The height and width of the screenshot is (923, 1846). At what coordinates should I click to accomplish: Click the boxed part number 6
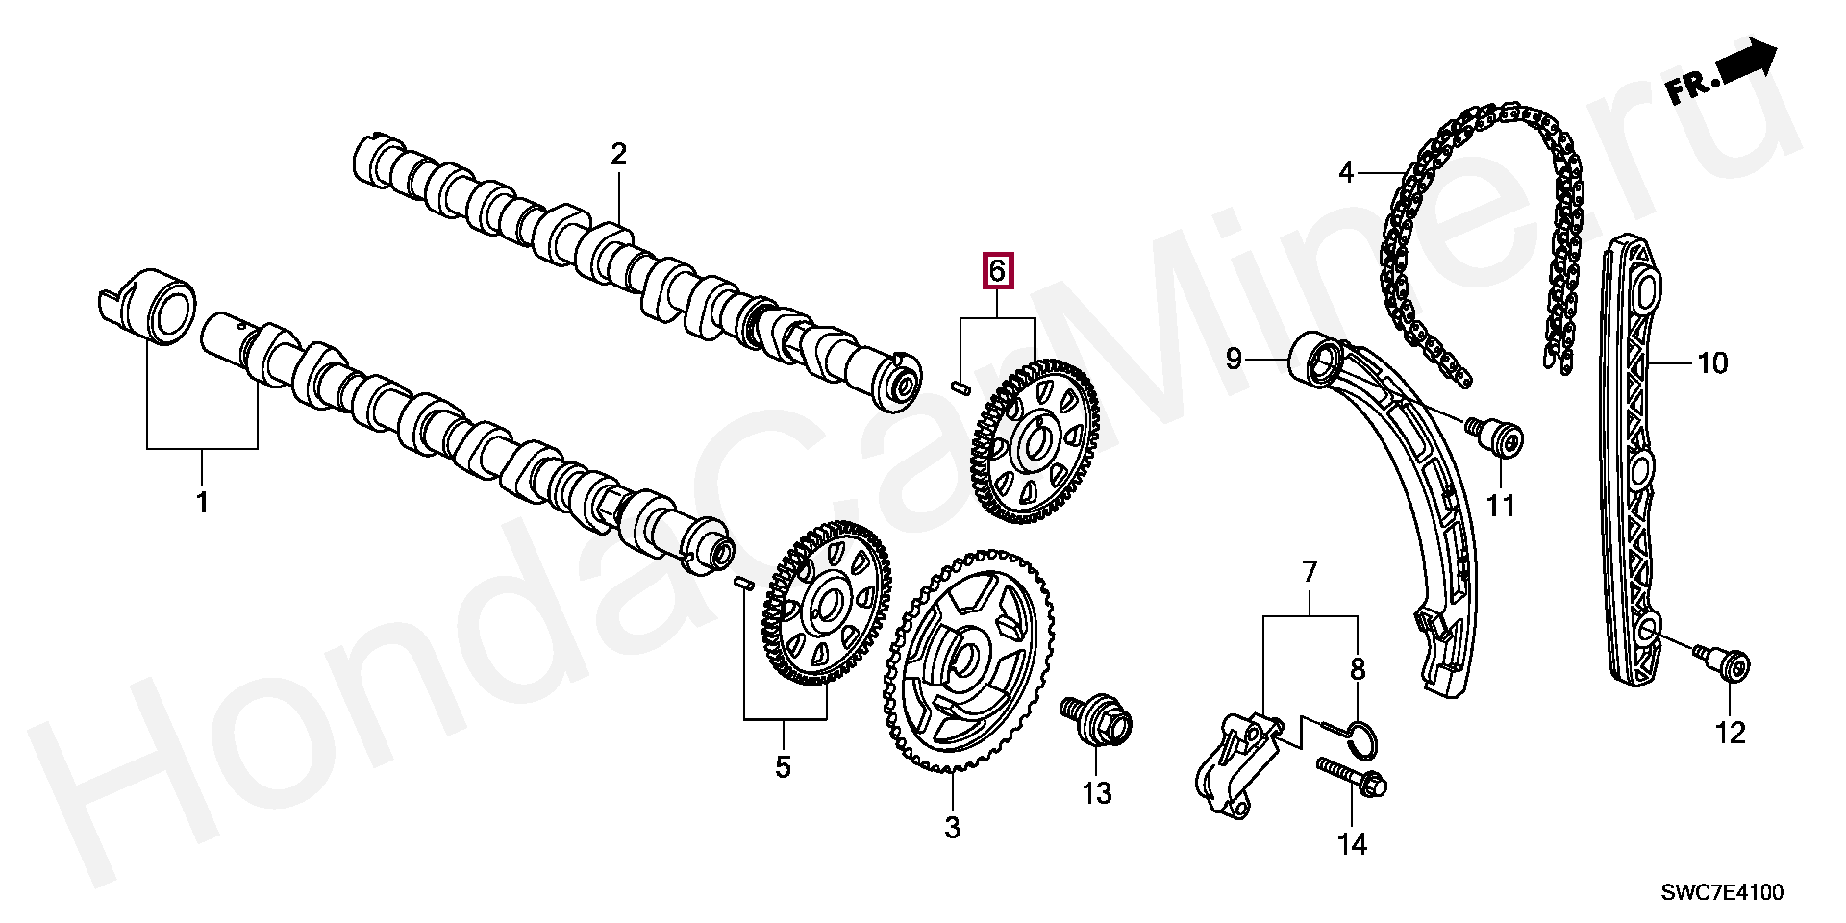point(997,271)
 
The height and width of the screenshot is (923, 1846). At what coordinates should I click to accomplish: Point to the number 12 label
point(1729,733)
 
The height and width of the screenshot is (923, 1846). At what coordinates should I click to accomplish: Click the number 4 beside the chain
point(1346,173)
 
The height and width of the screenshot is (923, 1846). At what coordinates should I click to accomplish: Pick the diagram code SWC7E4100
point(1722,893)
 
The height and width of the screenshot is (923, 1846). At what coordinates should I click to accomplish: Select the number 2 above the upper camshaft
point(618,153)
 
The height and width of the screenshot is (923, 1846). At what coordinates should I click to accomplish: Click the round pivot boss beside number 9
point(1315,364)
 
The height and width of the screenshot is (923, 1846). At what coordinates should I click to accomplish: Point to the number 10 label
point(1712,363)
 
